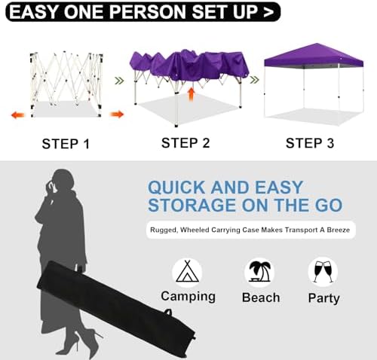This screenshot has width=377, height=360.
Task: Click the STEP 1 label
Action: (x=66, y=143)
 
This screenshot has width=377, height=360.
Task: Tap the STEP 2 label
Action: (x=186, y=142)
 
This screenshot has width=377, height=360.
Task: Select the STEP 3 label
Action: (x=311, y=142)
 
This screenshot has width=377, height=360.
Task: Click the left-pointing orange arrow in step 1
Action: (x=17, y=114)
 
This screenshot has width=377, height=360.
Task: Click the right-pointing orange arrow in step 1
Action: (x=117, y=114)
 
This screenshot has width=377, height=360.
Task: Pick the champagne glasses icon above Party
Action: (x=323, y=271)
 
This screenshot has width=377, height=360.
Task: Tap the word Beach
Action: (x=260, y=297)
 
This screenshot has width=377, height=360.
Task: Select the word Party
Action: (x=323, y=297)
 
